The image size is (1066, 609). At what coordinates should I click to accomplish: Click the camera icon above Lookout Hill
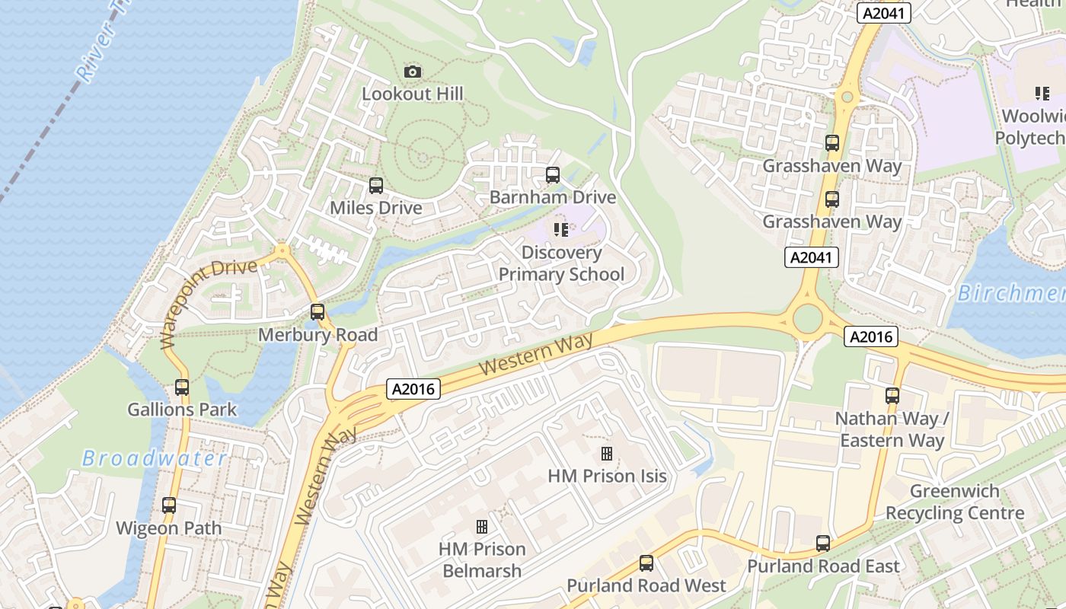coord(413,72)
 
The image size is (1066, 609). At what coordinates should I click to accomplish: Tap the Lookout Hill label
coord(412,94)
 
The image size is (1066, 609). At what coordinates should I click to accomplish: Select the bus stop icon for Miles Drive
coord(375,186)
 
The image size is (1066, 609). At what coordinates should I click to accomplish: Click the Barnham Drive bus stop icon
coord(553,175)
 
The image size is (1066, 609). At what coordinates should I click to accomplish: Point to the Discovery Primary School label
coord(561,263)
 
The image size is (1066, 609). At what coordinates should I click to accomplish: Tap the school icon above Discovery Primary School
coord(561,229)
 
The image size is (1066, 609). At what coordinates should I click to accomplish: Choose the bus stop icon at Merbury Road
coord(318,312)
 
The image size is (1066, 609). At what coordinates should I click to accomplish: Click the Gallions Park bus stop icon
coord(182,387)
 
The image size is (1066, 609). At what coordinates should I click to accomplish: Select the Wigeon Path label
coord(168,528)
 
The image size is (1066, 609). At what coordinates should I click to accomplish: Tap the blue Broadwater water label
coord(155,458)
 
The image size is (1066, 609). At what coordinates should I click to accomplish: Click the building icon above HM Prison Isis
coord(607,454)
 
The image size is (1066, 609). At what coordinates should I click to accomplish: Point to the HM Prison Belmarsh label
coord(482,560)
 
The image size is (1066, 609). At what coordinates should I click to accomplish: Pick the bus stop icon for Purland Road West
coord(646,563)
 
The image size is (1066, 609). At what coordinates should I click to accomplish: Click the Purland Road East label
coord(823,566)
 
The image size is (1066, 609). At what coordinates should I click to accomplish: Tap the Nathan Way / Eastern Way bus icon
coord(892,396)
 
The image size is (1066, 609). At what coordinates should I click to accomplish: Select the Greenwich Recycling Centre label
coord(955,502)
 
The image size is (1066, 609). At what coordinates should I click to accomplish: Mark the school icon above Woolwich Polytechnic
coord(1042,94)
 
